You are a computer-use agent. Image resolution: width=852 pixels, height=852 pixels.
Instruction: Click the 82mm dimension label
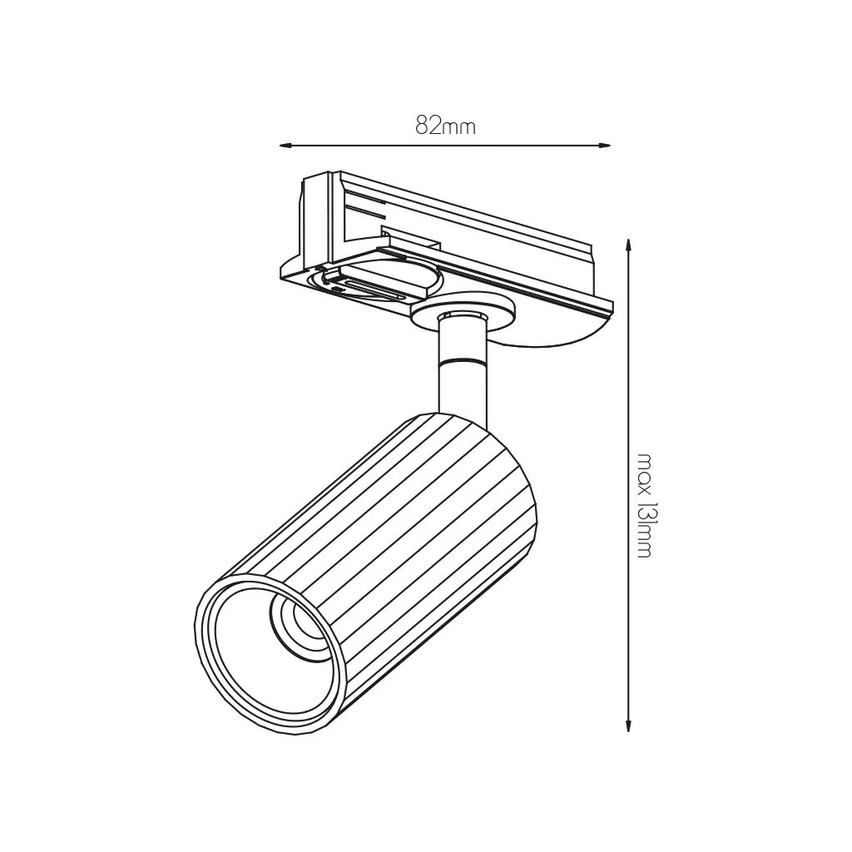pos(446,126)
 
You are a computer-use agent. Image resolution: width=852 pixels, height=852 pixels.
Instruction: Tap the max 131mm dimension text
pos(645,505)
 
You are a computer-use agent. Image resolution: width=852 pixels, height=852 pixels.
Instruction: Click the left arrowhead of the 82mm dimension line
pos(286,146)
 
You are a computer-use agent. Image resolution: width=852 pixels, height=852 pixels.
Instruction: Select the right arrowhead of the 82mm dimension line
pos(604,145)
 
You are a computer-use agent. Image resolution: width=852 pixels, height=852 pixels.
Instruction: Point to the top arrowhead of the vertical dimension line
pos(628,245)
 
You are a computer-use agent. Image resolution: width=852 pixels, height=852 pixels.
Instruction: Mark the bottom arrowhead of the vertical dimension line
pos(628,725)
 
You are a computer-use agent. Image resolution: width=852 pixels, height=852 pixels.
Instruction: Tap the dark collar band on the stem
pos(463,361)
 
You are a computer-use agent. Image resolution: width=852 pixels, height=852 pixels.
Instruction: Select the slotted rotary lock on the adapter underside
pos(375,280)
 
